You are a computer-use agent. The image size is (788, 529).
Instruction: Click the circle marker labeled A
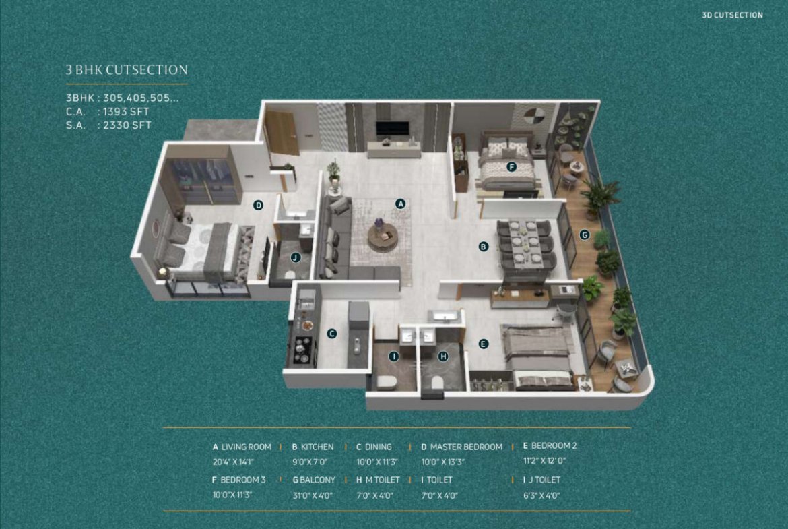tap(401, 204)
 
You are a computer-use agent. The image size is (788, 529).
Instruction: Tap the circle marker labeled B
tap(483, 247)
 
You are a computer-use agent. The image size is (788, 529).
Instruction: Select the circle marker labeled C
tap(331, 334)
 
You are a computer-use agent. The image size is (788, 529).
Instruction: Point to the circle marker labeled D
tap(259, 205)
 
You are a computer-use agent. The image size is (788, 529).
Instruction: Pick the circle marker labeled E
tap(483, 344)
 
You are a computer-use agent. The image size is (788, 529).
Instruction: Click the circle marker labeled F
tap(512, 167)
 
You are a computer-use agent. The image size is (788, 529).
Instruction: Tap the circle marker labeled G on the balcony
tap(584, 235)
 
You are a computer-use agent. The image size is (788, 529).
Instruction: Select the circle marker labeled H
tap(442, 356)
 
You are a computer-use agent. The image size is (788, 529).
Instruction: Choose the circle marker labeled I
tap(394, 356)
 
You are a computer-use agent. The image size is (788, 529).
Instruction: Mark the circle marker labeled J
tap(296, 257)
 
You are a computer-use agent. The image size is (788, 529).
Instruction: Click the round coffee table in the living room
tap(383, 237)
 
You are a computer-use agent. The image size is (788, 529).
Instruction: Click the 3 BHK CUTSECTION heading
tap(127, 70)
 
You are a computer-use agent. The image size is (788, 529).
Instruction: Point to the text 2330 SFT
tap(127, 125)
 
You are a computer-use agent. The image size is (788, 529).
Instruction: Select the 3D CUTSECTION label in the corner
tap(732, 15)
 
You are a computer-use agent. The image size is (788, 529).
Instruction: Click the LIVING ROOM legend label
tap(247, 447)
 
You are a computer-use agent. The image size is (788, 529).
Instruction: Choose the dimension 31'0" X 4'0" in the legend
tap(313, 495)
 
